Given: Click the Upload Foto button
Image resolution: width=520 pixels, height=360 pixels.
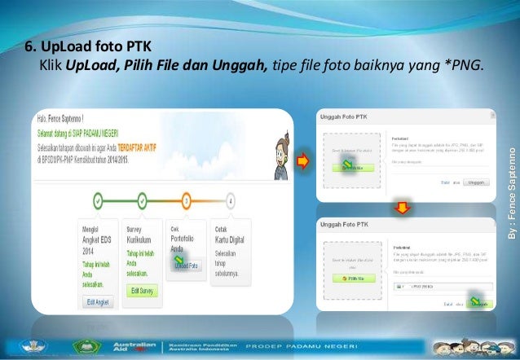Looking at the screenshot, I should tap(186, 266).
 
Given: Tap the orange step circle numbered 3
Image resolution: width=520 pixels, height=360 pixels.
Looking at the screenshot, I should tap(187, 199).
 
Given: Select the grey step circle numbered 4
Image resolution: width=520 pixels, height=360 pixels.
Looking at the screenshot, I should tap(231, 199).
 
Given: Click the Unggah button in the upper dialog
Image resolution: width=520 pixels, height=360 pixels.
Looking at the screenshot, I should tap(477, 182).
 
